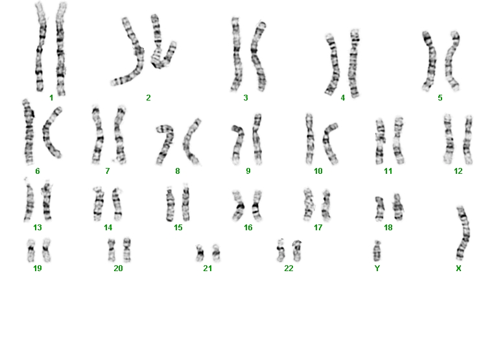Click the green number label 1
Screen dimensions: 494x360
(x=51, y=98)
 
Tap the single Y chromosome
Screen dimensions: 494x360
(x=377, y=251)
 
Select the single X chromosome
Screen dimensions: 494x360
(x=464, y=234)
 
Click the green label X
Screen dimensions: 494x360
(x=458, y=269)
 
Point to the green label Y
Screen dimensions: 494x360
(x=377, y=269)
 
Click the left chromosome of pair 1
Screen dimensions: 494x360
(x=40, y=47)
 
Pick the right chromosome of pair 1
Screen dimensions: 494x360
(x=61, y=49)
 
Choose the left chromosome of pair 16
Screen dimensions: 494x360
(x=238, y=206)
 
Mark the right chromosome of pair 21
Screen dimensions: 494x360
(x=216, y=253)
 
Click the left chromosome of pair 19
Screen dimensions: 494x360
(x=31, y=250)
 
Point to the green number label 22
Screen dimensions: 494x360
(x=288, y=269)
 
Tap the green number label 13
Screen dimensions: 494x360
(x=38, y=227)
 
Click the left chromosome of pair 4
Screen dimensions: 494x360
(x=333, y=65)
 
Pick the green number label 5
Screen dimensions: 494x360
(x=440, y=98)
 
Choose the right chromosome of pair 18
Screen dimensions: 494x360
(x=397, y=207)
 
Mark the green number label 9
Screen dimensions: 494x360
(x=248, y=171)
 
